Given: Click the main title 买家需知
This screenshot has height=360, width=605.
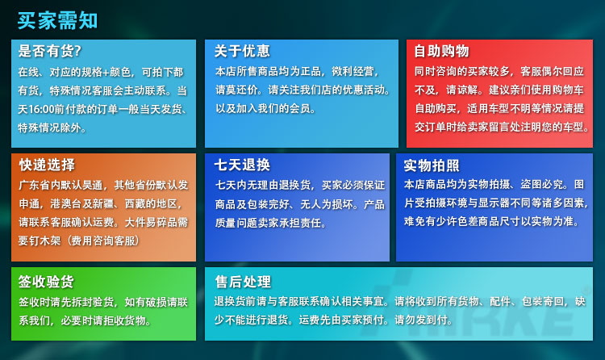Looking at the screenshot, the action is point(57,20).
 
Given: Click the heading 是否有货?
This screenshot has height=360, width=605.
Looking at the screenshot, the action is point(50,51).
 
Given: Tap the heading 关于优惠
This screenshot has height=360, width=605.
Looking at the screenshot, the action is point(242,51).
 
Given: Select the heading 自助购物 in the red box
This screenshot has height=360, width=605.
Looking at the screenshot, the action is point(441,51).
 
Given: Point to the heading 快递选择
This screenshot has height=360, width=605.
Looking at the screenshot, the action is point(47,165).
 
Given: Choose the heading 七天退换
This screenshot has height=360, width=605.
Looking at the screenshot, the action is point(242,165).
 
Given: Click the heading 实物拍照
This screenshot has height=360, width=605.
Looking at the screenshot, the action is point(432,165).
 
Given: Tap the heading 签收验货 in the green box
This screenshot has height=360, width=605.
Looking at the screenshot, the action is point(46,282).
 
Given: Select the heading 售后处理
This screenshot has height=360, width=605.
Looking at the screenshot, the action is point(243,282).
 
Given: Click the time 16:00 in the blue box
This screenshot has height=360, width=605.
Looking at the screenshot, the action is point(41,109).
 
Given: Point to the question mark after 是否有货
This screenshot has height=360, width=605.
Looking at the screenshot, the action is point(77,51).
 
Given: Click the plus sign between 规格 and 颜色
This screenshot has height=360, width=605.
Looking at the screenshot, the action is point(106,72).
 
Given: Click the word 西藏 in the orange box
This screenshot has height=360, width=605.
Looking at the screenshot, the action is point(135,203).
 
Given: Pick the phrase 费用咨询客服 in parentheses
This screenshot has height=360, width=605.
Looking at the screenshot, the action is point(103,241).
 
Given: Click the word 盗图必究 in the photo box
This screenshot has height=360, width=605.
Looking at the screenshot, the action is point(541,184).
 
